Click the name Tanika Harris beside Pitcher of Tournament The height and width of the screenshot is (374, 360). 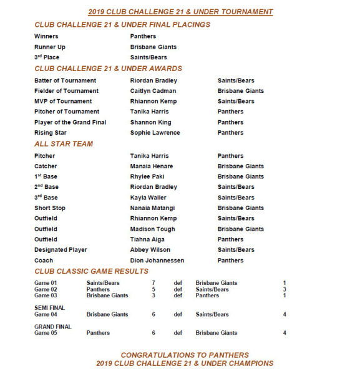(x=149, y=112)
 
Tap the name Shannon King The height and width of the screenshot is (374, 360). (x=150, y=122)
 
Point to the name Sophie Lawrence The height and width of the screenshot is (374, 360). (x=155, y=133)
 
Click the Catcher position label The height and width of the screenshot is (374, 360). (x=46, y=166)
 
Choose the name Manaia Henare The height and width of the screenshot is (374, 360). (x=152, y=166)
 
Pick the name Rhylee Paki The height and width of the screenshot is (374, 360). (x=147, y=176)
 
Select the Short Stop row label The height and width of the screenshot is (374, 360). (x=50, y=208)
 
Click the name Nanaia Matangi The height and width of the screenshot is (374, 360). (x=152, y=208)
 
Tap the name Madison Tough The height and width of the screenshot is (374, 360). (x=152, y=229)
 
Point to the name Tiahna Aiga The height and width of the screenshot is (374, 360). (x=147, y=239)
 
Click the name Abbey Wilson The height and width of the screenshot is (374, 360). (x=150, y=250)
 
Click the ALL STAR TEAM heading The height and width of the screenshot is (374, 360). (x=64, y=144)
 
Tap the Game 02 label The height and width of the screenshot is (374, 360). (x=46, y=289)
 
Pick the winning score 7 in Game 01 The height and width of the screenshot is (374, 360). (x=153, y=283)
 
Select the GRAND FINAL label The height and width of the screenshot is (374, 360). (x=52, y=327)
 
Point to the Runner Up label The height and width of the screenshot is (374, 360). (x=50, y=47)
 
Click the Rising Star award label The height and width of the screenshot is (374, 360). (x=51, y=133)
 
